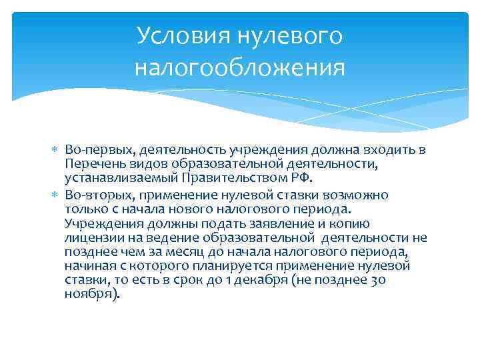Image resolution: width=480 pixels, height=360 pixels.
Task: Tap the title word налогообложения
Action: point(239,67)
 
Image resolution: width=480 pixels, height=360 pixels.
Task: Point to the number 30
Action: point(377,281)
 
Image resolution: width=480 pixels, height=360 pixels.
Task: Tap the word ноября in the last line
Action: point(92,295)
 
